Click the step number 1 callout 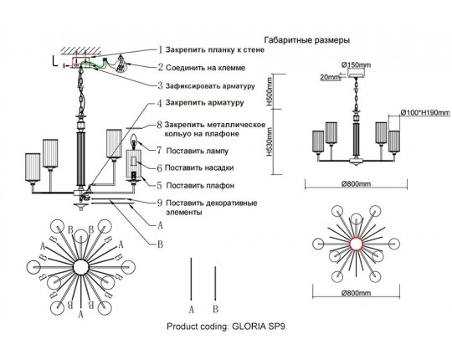(161, 49)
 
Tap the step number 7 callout (160, 151)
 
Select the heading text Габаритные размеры (307, 40)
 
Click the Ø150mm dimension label (356, 65)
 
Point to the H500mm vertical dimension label (270, 91)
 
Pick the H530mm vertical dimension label (270, 141)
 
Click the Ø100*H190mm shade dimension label (425, 113)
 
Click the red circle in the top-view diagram (357, 244)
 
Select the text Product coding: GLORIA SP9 (226, 327)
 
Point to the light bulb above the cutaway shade (134, 141)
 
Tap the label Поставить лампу (198, 151)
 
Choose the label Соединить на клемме (206, 68)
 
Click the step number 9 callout (160, 203)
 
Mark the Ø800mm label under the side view (357, 184)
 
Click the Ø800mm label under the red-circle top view (357, 293)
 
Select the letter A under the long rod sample (192, 310)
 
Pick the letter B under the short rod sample (215, 309)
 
